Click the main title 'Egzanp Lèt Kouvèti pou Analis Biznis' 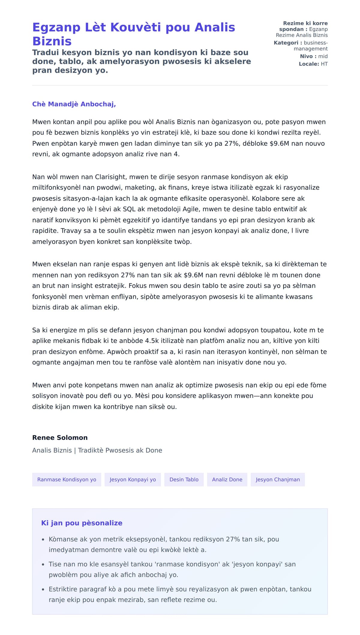[133, 34]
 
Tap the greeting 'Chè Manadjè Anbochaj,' [74, 104]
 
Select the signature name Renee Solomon [60, 437]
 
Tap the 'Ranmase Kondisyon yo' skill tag [67, 479]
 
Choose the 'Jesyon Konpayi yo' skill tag [133, 479]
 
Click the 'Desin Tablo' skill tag [184, 479]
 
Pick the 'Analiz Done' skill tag [227, 479]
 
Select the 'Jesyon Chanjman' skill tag [278, 479]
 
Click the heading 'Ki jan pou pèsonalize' [82, 523]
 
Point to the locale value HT [324, 64]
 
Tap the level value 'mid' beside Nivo [323, 56]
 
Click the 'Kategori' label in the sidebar [286, 43]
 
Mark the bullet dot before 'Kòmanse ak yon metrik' [43, 540]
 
